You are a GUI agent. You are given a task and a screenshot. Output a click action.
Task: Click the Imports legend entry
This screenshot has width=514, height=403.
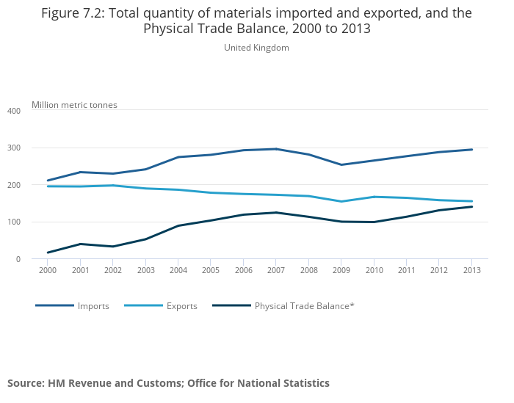pos(93,306)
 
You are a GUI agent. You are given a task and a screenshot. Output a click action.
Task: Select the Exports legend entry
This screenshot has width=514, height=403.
pos(181,306)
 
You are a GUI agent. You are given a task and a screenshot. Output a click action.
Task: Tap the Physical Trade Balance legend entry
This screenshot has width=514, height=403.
pos(304,306)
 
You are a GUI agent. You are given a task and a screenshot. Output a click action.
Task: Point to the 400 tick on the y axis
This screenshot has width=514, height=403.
pos(13,111)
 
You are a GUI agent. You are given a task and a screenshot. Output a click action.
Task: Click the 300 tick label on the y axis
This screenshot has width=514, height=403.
pos(13,148)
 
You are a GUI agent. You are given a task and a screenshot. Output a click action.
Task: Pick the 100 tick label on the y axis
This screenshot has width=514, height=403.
pos(13,222)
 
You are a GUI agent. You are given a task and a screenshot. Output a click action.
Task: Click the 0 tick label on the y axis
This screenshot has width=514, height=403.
pos(18,259)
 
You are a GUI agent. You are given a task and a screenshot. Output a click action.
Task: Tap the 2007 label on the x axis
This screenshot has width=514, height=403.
pos(276,271)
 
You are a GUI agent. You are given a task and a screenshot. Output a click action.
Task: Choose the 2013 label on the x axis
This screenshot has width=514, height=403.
pos(472,271)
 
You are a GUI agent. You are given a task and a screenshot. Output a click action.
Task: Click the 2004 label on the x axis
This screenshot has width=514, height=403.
pos(178,271)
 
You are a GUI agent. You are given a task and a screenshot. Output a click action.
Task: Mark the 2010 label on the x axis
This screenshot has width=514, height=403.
pos(374,271)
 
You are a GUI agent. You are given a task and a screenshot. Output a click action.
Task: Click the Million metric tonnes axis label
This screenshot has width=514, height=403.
pos(74,105)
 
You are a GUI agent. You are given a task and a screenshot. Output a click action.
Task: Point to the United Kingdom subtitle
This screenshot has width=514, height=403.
pos(256,48)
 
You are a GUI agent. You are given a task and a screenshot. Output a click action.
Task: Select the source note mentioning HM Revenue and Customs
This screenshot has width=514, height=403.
pos(168,383)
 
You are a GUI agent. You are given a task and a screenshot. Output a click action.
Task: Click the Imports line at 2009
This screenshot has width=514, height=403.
pos(341,164)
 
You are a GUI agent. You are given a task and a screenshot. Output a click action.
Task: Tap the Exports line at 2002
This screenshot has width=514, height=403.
pos(112,186)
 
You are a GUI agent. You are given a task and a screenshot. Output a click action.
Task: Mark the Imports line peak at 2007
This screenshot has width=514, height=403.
pos(276,149)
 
